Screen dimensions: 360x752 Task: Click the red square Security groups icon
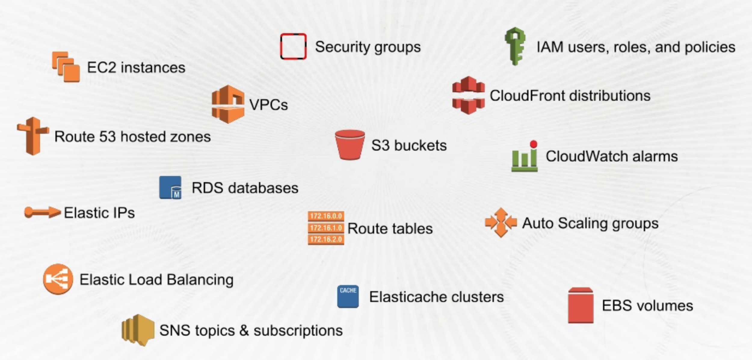293,47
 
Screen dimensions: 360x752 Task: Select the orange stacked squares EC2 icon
66,67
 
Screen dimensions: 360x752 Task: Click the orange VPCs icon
228,104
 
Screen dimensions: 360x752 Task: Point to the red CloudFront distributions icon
468,95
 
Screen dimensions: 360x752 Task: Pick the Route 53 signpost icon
33,136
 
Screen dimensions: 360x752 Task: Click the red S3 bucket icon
350,145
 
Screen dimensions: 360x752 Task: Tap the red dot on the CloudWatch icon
534,144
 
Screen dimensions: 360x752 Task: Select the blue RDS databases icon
170,187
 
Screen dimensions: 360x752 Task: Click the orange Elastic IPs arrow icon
42,212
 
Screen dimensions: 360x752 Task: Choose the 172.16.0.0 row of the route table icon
326,216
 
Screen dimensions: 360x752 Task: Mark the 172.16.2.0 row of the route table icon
326,239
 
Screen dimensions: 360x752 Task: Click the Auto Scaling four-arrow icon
501,223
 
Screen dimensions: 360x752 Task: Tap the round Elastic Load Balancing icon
58,279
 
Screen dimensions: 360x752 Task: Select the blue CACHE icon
348,296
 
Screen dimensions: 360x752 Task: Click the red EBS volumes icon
581,305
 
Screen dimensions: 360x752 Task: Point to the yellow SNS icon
138,330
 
